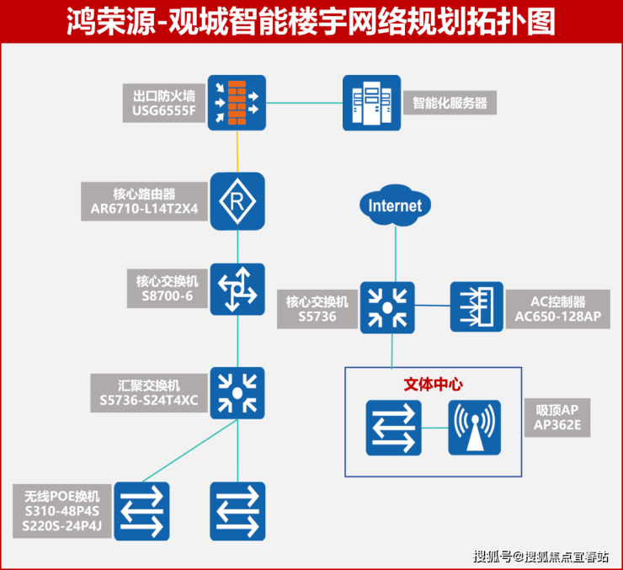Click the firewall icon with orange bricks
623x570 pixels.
(x=237, y=103)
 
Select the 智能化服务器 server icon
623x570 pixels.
(x=371, y=103)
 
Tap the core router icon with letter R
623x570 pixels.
(x=237, y=201)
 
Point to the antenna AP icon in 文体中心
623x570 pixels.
(x=475, y=428)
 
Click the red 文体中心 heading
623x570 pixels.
(x=434, y=383)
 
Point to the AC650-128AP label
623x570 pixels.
(x=557, y=317)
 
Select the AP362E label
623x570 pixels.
(x=557, y=426)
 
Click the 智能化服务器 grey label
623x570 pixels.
(x=450, y=104)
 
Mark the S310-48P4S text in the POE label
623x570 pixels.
(x=62, y=510)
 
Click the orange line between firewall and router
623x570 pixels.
(x=237, y=152)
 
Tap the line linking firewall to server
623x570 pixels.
(x=304, y=104)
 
